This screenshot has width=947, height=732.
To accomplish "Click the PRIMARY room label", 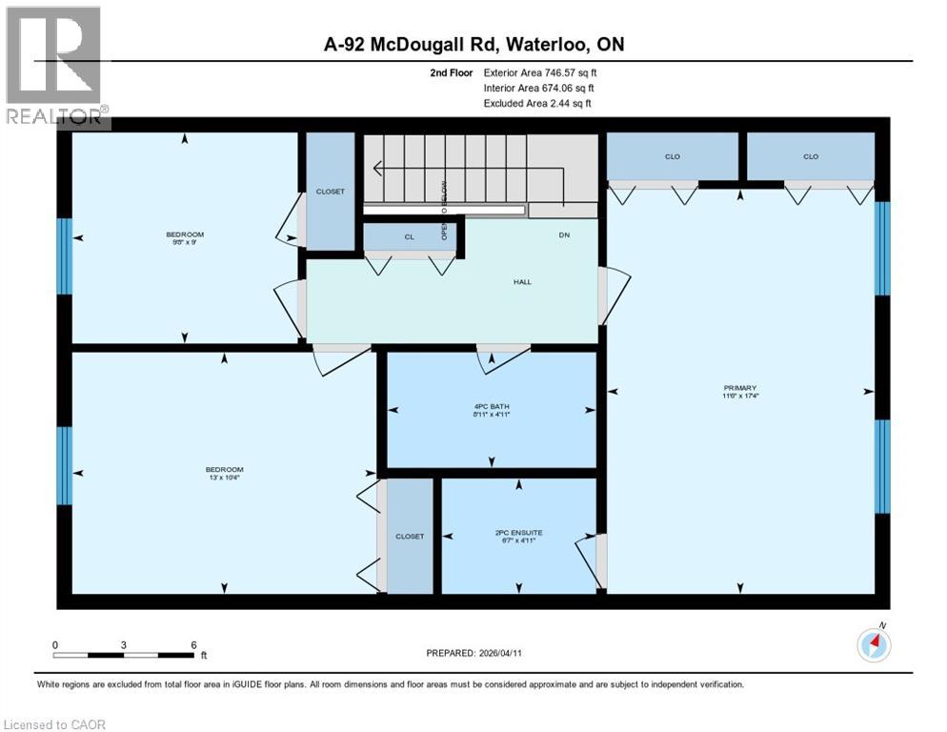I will [739, 387].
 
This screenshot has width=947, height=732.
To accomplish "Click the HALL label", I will [522, 282].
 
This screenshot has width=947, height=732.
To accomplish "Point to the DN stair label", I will [563, 235].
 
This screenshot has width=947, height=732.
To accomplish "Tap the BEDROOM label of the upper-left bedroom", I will [185, 234].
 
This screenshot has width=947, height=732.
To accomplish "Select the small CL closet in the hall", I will [409, 236].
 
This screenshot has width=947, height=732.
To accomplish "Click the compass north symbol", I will [873, 644].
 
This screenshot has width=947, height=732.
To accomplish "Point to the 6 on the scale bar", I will [193, 644].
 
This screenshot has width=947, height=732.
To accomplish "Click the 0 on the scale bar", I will [55, 644].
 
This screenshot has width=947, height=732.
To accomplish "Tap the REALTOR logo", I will [54, 67].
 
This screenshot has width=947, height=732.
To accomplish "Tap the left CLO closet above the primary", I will [673, 156].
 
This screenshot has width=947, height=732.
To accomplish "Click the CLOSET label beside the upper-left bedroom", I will [331, 192].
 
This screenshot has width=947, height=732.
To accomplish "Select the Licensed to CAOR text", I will [55, 724].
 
